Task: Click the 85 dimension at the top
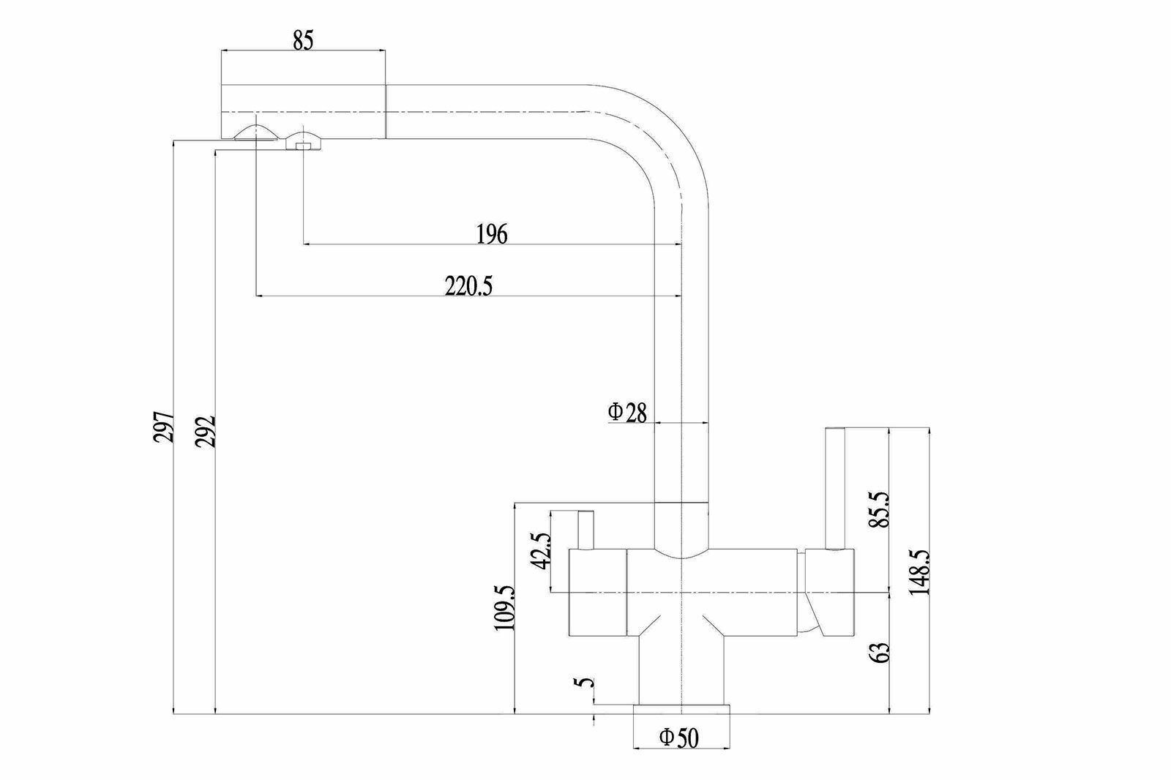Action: point(303,41)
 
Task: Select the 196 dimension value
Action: point(492,234)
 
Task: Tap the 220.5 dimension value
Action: point(469,286)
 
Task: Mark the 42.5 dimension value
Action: point(541,550)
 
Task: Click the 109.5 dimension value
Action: point(504,607)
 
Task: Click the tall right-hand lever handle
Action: point(836,487)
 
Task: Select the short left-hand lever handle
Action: point(585,530)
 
